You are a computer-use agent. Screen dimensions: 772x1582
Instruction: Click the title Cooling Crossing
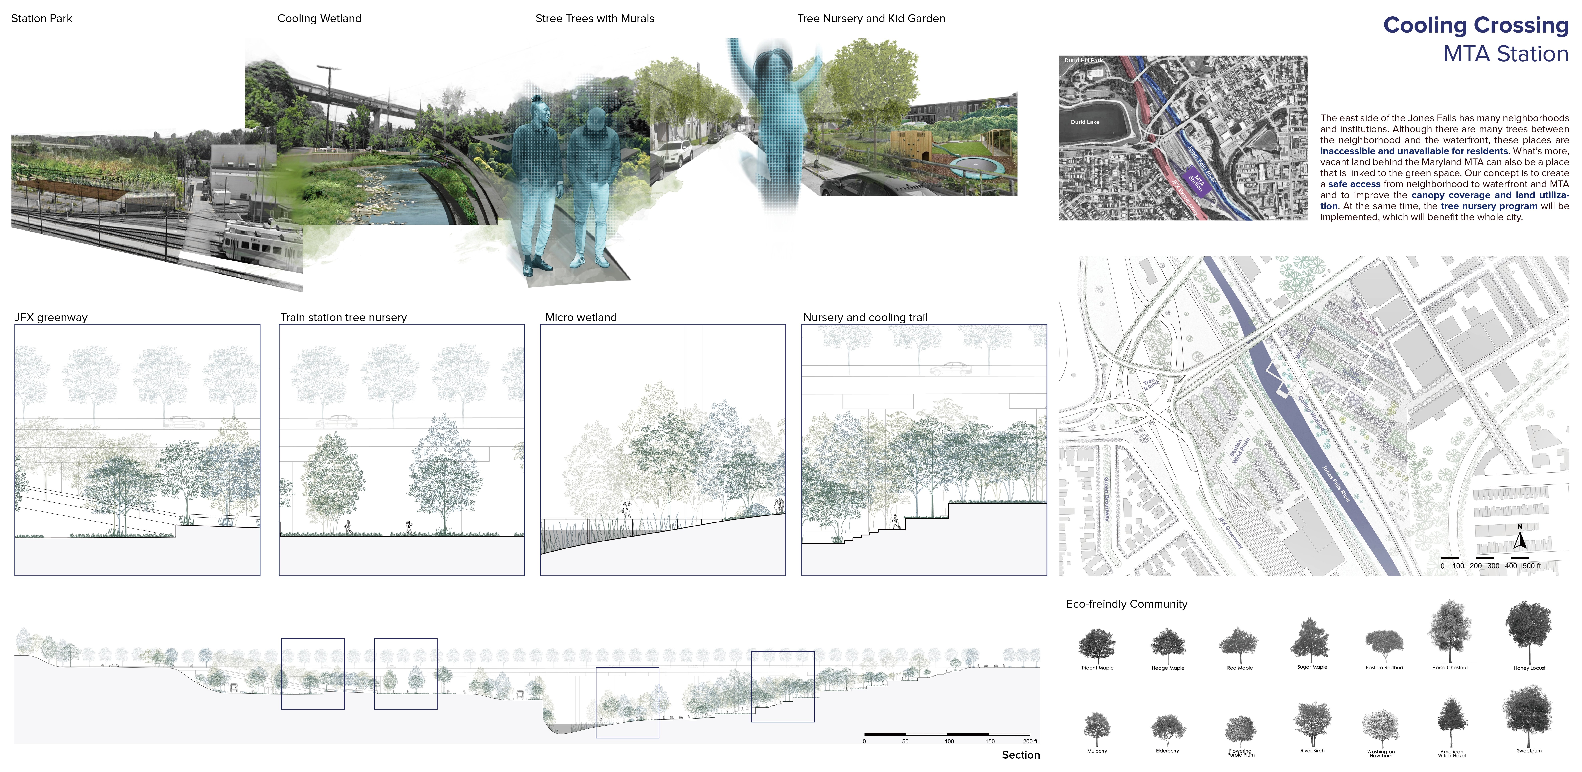[x=1475, y=25]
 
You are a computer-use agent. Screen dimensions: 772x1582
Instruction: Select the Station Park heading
[x=42, y=18]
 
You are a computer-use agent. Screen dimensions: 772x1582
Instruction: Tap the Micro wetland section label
[x=580, y=318]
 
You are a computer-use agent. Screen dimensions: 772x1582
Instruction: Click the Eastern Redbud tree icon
[x=1384, y=645]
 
